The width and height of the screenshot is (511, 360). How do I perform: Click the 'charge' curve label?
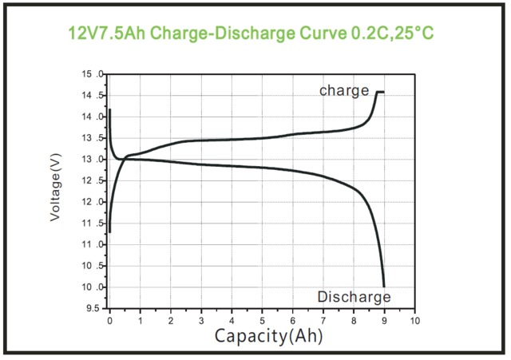[344, 90]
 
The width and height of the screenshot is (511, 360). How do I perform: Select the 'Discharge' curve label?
[354, 297]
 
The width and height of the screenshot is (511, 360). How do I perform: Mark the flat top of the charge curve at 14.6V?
[380, 93]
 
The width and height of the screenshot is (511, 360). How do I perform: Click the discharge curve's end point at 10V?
[384, 286]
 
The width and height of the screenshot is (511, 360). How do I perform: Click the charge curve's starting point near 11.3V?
[109, 231]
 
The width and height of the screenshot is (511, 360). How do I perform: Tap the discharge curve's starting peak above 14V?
[109, 110]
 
